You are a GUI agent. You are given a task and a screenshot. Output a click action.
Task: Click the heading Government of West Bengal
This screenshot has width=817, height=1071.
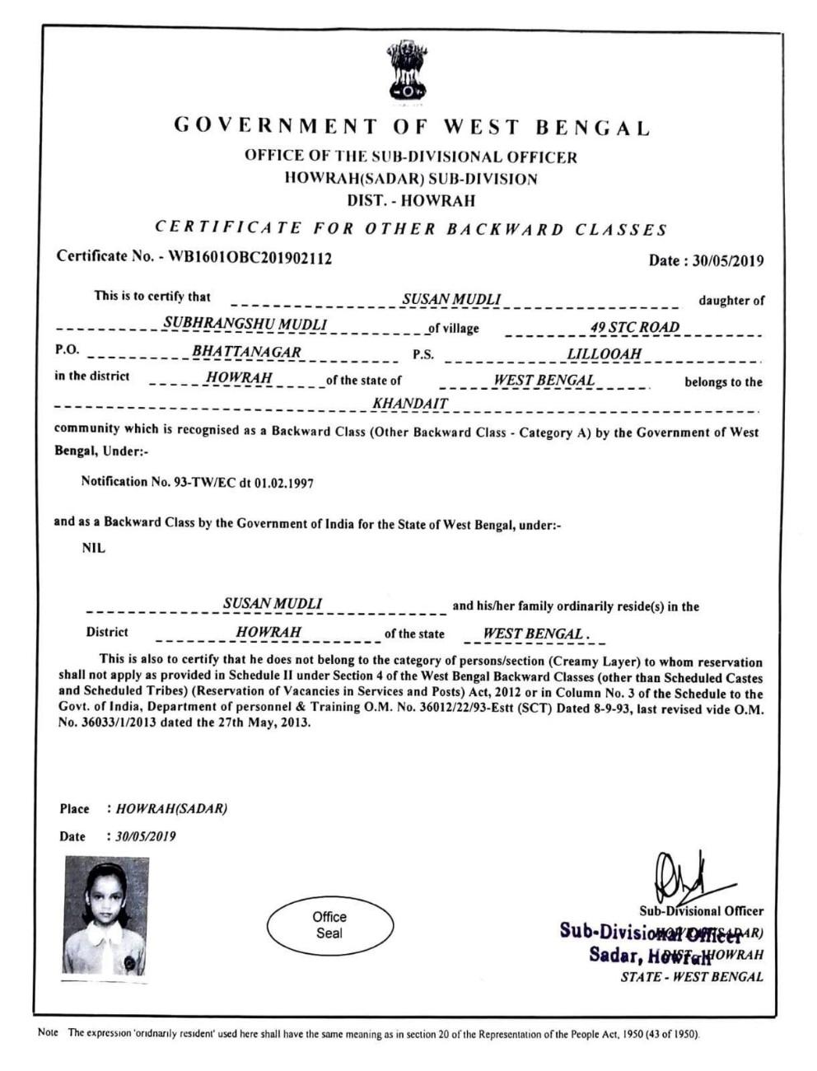click(x=412, y=127)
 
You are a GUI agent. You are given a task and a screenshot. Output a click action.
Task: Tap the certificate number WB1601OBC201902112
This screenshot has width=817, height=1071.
click(x=250, y=257)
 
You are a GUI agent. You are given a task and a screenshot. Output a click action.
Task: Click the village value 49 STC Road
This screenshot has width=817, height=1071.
click(x=634, y=327)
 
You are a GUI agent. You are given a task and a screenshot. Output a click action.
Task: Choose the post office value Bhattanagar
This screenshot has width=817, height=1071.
click(x=246, y=352)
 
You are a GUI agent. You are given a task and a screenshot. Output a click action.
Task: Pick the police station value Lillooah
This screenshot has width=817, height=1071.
click(x=604, y=354)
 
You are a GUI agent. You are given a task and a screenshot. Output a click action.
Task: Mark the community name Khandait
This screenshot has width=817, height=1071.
click(x=410, y=404)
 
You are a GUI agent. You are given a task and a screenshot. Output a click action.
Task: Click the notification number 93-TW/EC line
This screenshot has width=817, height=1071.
click(x=197, y=483)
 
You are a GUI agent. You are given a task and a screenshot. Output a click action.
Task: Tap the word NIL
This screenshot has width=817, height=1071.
click(x=94, y=549)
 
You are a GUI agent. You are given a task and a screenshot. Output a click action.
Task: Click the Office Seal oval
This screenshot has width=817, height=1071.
click(x=329, y=925)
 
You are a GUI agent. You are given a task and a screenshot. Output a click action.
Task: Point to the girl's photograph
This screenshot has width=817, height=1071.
click(x=105, y=915)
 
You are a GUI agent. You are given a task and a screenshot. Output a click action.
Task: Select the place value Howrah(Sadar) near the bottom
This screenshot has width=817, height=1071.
click(x=171, y=808)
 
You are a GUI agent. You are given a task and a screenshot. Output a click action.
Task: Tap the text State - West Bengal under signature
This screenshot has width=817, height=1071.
click(x=692, y=977)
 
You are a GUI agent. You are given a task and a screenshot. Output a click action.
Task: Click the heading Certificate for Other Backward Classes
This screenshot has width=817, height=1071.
click(x=411, y=229)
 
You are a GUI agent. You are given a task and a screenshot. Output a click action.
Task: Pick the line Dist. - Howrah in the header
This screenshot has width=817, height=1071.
click(x=411, y=200)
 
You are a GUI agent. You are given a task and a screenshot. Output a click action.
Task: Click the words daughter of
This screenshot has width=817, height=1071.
click(x=731, y=301)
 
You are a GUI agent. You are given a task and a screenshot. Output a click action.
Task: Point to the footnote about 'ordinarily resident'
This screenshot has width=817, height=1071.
click(x=371, y=1033)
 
